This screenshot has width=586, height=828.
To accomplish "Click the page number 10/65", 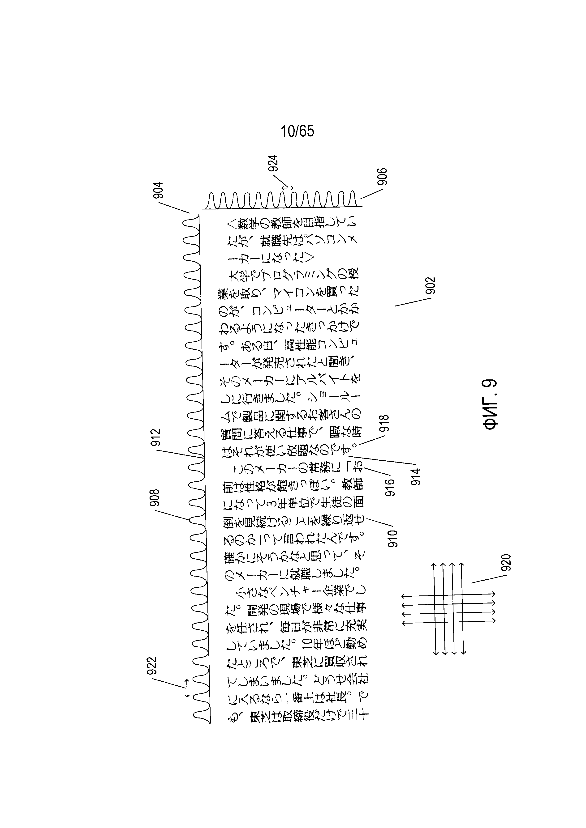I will point(297,131).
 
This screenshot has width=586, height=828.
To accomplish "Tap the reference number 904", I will point(158,190).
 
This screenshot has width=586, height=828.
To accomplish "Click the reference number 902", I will point(431,286).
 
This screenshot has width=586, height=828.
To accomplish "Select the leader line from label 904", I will point(174,208).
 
